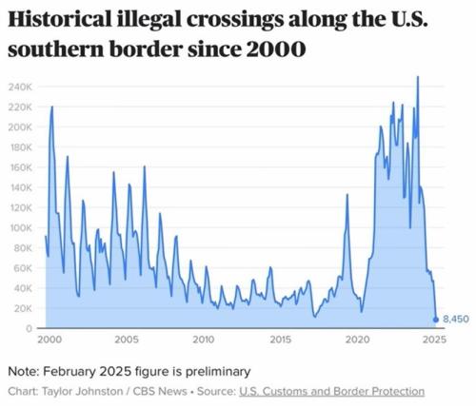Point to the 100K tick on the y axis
tap(21, 228)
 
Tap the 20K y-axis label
tap(23, 308)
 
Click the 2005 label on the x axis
tap(126, 340)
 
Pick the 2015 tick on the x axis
tap(280, 340)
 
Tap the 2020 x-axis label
tap(357, 340)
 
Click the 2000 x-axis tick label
tap(50, 340)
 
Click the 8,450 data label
tap(458, 321)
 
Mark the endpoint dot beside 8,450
tap(437, 321)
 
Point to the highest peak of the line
tap(418, 77)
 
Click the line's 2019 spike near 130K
tap(347, 195)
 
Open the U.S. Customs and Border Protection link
tap(332, 391)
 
